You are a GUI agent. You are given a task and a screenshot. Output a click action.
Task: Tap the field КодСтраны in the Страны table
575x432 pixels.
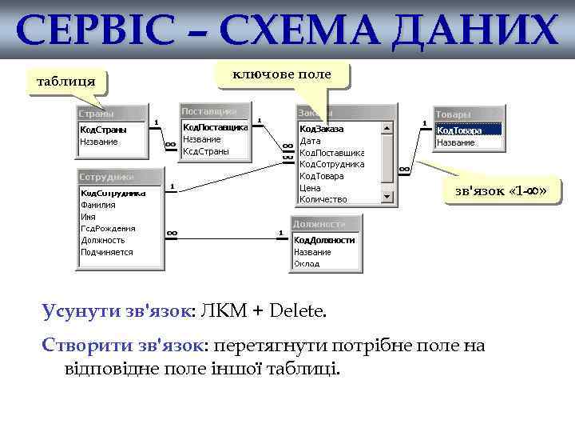pos(102,130)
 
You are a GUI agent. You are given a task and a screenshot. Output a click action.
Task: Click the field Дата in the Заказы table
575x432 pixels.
pos(310,140)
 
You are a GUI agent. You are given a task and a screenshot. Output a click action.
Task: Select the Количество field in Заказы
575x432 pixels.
pos(323,199)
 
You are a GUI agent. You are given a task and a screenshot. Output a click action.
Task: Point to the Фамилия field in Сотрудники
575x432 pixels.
pos(98,204)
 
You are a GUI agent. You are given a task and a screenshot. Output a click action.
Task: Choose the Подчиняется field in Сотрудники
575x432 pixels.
pos(106,251)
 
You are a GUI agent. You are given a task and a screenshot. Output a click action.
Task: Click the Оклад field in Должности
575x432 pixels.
pos(307,263)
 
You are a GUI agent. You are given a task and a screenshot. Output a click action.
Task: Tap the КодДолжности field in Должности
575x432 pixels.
pos(324,239)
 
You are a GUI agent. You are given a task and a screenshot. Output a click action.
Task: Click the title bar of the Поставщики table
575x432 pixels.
pos(214,110)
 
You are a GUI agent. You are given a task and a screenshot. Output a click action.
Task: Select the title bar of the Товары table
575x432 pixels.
pos(468,114)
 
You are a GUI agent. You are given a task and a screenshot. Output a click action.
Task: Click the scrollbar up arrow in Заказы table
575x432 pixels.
pos(387,127)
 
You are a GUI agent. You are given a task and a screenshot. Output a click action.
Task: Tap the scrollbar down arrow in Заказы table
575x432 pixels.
pos(387,197)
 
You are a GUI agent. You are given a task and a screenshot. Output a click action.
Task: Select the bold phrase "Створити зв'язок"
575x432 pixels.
pos(125,346)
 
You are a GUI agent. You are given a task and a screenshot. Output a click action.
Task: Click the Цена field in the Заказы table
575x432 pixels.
pos(310,187)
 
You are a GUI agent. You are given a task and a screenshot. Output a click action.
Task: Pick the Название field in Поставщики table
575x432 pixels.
pos(201,138)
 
